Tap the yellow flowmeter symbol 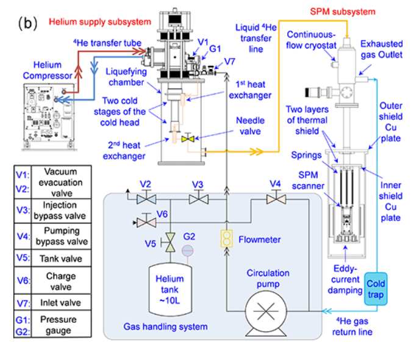[226, 239]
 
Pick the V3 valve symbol [197, 199]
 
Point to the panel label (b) [29, 24]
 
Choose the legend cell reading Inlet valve [60, 303]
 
